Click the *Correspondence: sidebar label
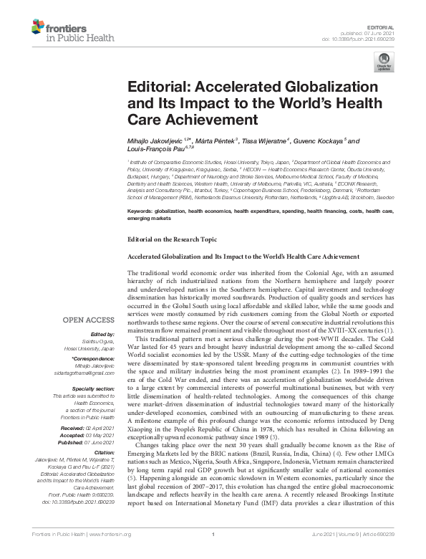(98, 359)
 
